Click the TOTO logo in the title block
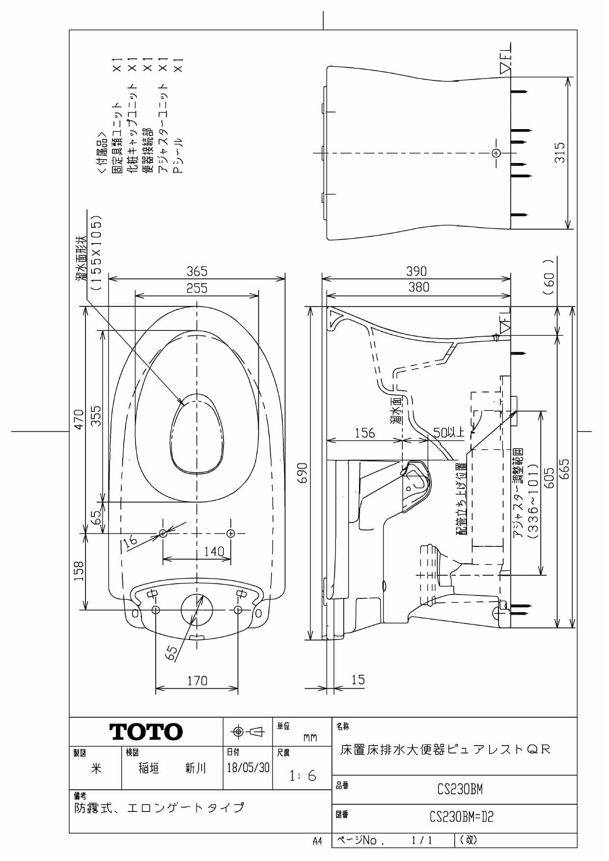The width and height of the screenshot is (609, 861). pyautogui.click(x=146, y=732)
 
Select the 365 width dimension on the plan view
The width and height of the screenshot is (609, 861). pyautogui.click(x=196, y=271)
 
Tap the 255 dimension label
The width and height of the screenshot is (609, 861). pyautogui.click(x=196, y=288)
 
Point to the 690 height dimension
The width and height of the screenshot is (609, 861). pyautogui.click(x=303, y=472)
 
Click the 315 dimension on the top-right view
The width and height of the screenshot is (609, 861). pyautogui.click(x=560, y=152)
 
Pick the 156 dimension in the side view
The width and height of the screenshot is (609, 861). pyautogui.click(x=364, y=432)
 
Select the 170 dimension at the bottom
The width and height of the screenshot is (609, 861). pyautogui.click(x=197, y=681)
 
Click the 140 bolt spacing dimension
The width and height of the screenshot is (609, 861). pyautogui.click(x=214, y=552)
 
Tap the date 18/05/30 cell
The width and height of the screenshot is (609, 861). pyautogui.click(x=248, y=768)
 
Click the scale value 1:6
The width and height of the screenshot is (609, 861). pyautogui.click(x=303, y=776)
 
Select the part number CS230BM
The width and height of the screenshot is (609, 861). pyautogui.click(x=460, y=789)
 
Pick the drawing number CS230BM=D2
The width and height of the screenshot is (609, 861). pyautogui.click(x=461, y=817)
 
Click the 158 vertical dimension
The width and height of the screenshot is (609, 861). pyautogui.click(x=79, y=571)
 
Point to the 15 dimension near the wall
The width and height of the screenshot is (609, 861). pyautogui.click(x=358, y=680)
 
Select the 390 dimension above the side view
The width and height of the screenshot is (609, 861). pyautogui.click(x=416, y=271)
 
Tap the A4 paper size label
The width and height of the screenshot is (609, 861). pyautogui.click(x=317, y=841)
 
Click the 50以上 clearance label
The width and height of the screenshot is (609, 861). pyautogui.click(x=448, y=432)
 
